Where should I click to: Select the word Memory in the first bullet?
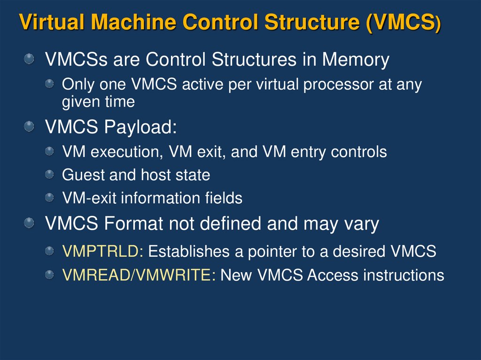click(356, 60)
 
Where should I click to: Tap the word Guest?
click(84, 175)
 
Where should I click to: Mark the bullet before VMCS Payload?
click(30, 126)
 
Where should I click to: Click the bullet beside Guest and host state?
click(49, 175)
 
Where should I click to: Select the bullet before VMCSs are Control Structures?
click(30, 59)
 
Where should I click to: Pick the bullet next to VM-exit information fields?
click(49, 198)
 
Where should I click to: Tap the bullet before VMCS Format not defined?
click(30, 223)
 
